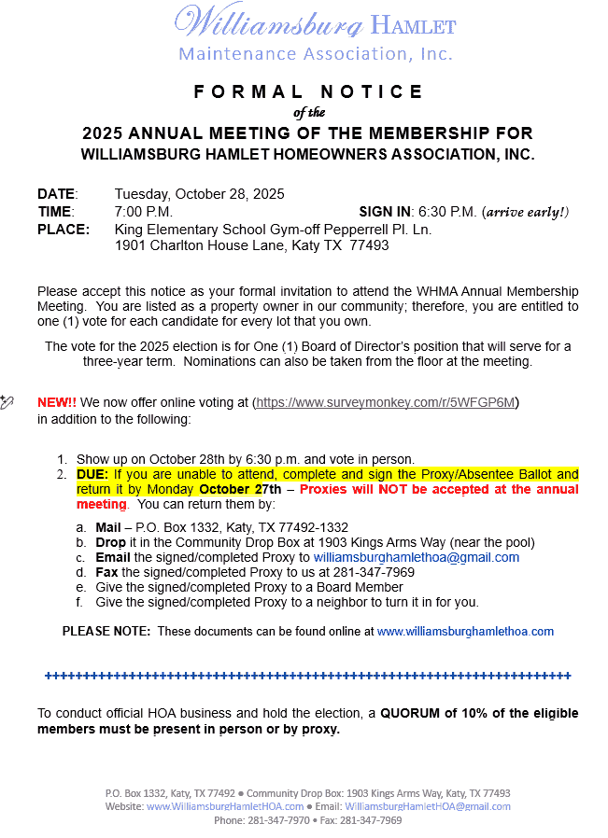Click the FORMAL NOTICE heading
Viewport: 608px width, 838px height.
[x=308, y=91]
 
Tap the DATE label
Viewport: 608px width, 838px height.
[x=56, y=194]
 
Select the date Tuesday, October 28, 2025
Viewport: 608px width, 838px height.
[x=199, y=194]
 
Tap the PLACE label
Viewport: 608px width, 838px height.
[x=64, y=230]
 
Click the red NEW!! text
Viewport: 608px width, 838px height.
[x=57, y=402]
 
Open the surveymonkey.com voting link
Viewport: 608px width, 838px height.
[x=386, y=402]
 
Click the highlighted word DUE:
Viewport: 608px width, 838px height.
[x=92, y=474]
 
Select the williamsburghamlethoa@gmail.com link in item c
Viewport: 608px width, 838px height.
[x=416, y=557]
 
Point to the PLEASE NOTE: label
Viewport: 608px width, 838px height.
[x=106, y=632]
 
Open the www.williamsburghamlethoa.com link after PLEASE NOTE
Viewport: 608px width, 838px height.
[x=465, y=632]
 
